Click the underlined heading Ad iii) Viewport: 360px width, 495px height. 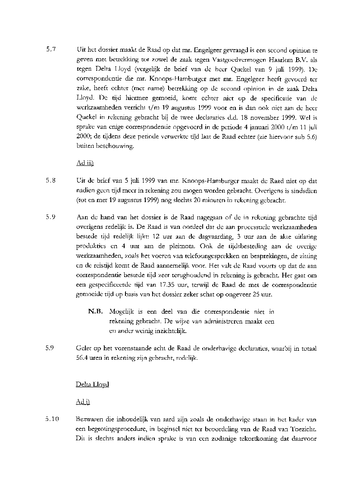pos(85,164)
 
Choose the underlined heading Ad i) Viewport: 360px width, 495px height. pos(82,401)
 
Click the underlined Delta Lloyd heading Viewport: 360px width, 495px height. pos(92,384)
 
